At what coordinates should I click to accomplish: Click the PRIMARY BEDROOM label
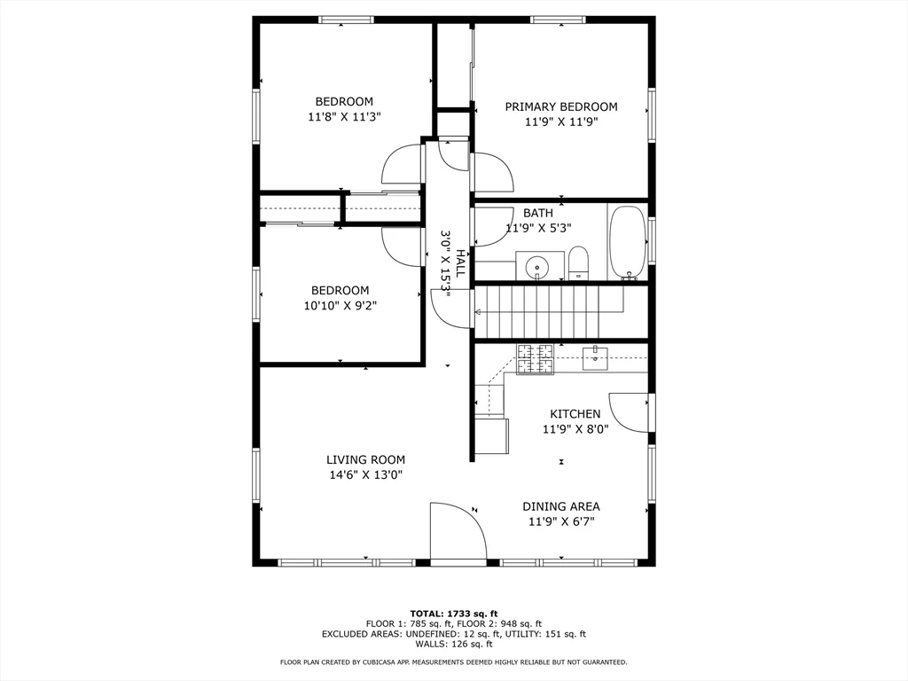[x=561, y=107]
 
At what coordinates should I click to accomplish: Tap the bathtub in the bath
[x=628, y=242]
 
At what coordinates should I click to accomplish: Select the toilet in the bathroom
[x=578, y=263]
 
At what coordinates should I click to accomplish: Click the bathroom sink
[x=538, y=265]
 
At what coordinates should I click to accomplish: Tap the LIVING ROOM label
[x=365, y=459]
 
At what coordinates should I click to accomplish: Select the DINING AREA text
[x=560, y=506]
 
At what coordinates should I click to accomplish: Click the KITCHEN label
[x=575, y=414]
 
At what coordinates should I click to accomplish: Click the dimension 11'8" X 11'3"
[x=344, y=116]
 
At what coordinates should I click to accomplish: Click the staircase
[x=550, y=311]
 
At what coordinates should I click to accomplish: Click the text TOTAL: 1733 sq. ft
[x=453, y=614]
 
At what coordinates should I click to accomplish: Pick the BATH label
[x=537, y=213]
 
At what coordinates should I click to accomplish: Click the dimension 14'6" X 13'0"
[x=365, y=474]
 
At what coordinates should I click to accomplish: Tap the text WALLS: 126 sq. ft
[x=453, y=645]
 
